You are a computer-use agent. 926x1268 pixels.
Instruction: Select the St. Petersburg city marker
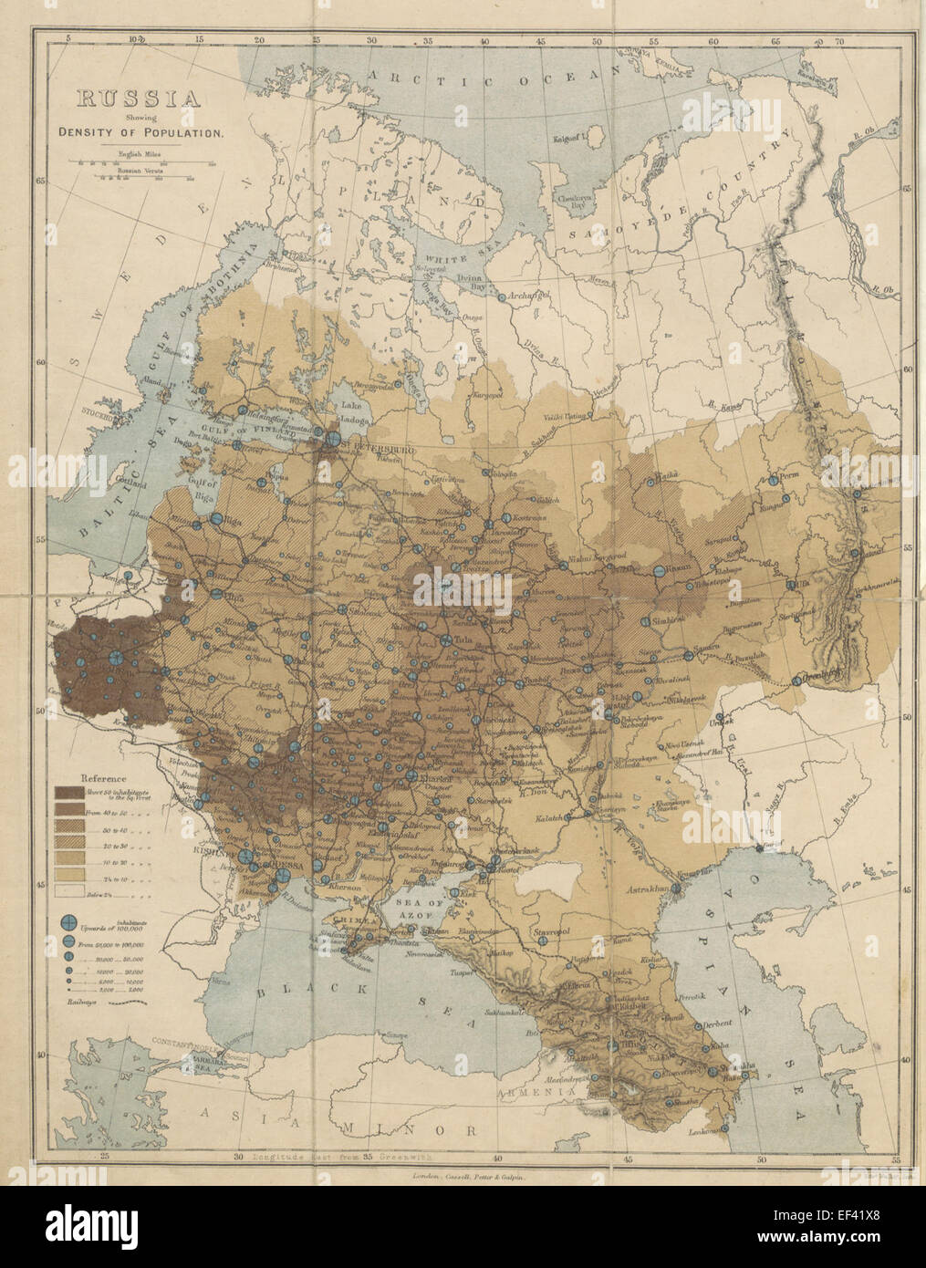point(335,439)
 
